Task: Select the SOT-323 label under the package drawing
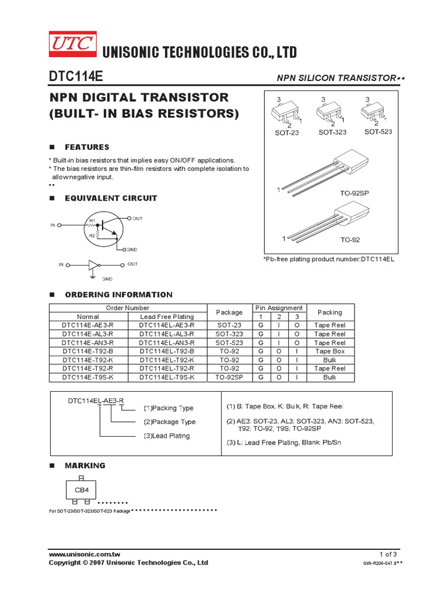click(332, 132)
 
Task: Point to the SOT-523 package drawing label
click(378, 132)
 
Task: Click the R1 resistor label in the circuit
click(92, 220)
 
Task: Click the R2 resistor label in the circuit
click(92, 235)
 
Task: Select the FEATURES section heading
click(87, 148)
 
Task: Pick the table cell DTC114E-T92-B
click(88, 352)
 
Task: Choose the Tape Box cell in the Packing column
click(330, 352)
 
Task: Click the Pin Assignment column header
click(279, 308)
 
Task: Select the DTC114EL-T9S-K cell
click(167, 377)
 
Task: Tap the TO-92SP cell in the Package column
click(229, 377)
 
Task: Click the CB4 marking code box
click(80, 490)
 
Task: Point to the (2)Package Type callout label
click(170, 422)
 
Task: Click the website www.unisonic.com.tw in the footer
click(85, 554)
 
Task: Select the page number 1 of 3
click(388, 554)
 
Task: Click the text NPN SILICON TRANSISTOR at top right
click(336, 78)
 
